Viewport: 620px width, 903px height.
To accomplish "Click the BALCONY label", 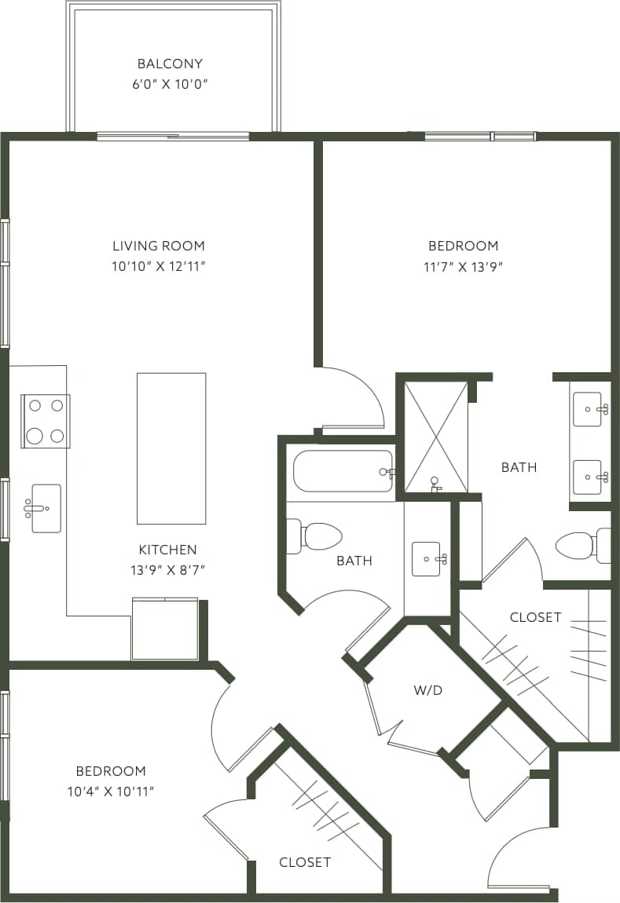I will (x=170, y=64).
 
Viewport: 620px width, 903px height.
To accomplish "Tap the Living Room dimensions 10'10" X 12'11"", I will (x=158, y=266).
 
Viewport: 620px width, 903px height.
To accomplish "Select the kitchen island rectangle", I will (x=171, y=448).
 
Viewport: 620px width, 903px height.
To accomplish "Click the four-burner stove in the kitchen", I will (x=46, y=421).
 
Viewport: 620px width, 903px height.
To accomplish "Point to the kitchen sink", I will (x=46, y=508).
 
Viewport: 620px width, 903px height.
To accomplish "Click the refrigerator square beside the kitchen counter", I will (x=164, y=629).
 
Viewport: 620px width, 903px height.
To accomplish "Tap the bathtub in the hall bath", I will (x=343, y=471).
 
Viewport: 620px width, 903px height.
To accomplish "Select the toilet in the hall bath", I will (x=318, y=536).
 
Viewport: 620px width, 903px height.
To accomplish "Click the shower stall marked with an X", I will (x=435, y=437).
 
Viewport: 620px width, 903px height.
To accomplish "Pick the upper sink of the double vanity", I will (x=588, y=409).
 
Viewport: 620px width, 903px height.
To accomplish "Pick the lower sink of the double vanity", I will (x=588, y=477).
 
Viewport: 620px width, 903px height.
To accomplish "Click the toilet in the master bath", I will (x=580, y=545).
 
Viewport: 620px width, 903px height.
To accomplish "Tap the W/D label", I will (x=428, y=690).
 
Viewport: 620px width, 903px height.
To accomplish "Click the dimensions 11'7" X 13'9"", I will (x=463, y=266).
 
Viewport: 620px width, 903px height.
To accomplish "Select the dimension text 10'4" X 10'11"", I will (x=110, y=791).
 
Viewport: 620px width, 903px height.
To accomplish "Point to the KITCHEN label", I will (x=167, y=550).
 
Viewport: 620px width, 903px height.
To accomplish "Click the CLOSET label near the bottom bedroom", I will (x=305, y=862).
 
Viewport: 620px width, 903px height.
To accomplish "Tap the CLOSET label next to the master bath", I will (x=535, y=617).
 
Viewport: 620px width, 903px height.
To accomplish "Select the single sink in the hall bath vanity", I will (x=427, y=558).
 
